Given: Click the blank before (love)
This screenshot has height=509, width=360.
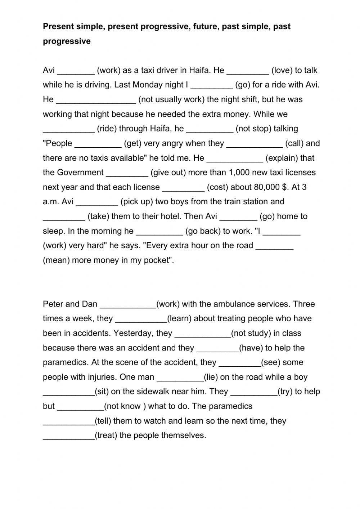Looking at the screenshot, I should (248, 71).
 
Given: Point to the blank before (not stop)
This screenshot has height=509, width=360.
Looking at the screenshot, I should (210, 129).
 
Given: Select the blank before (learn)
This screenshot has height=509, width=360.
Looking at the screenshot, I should (141, 319).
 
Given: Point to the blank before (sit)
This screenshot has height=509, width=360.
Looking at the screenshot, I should (68, 392).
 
